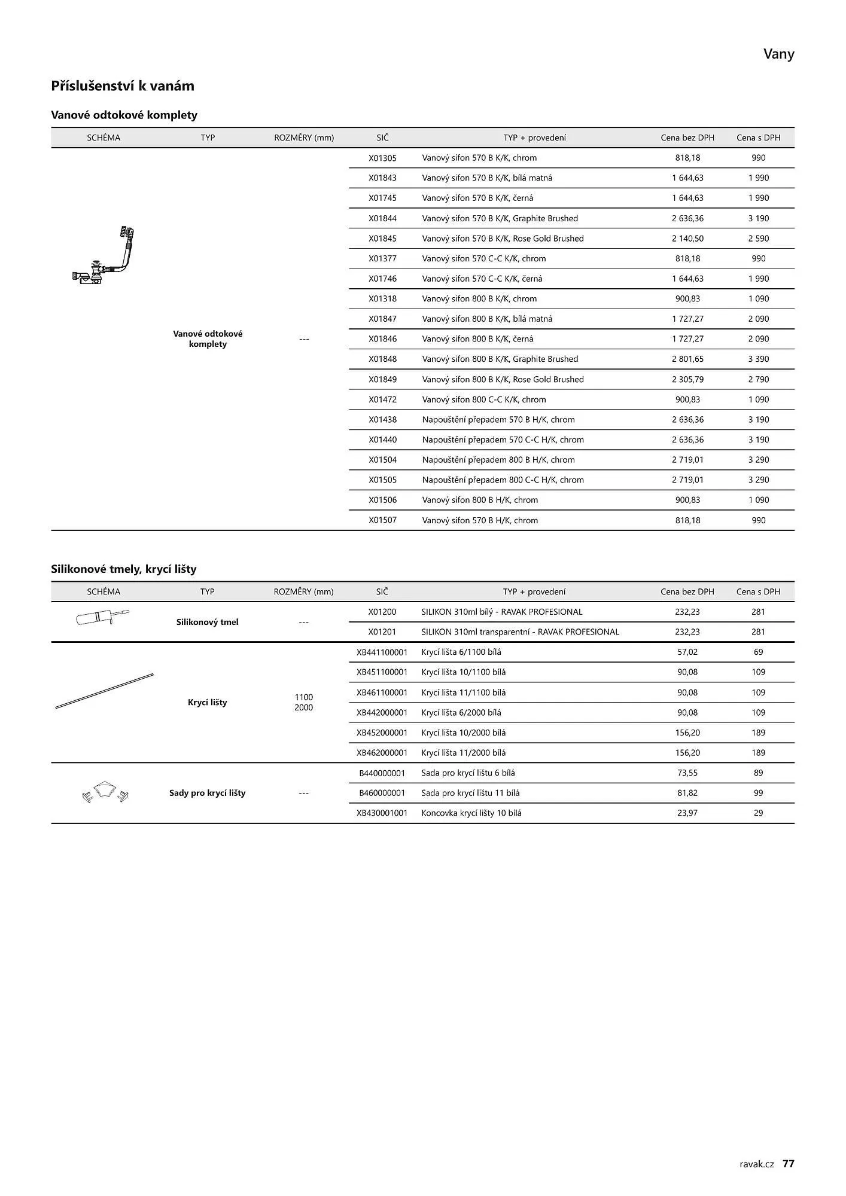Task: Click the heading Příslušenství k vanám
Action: tap(123, 86)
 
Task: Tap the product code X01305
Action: tap(382, 158)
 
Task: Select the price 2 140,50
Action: tap(687, 239)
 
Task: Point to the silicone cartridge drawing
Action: tap(102, 617)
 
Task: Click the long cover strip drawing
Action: tap(104, 691)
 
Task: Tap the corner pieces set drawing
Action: tap(105, 792)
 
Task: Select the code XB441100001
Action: tap(382, 652)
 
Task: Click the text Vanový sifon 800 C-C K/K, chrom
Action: tap(483, 399)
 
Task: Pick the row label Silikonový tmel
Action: tap(207, 622)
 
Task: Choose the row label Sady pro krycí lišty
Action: tap(207, 793)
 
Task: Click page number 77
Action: tap(788, 1163)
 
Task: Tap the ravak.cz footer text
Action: tap(756, 1164)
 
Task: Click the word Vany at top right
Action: tap(778, 54)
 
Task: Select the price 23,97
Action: tap(687, 813)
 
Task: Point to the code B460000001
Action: tap(382, 793)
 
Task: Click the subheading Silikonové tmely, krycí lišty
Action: tap(124, 569)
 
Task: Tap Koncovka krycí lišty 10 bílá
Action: tap(471, 813)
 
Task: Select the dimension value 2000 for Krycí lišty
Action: tap(303, 707)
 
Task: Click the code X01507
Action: tap(382, 520)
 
